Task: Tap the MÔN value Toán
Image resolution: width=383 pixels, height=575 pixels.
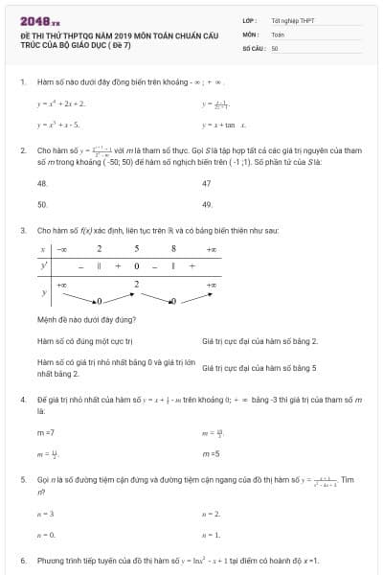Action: pos(278,34)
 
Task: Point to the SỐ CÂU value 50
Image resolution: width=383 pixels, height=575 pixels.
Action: pos(275,47)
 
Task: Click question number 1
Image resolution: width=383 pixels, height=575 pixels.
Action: pos(23,82)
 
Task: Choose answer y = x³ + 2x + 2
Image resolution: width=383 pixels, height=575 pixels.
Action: pos(61,103)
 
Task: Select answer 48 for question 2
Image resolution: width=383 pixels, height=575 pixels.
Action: pos(42,182)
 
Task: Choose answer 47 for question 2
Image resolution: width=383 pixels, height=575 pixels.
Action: pos(207,182)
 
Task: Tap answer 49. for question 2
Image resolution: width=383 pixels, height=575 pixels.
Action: pos(208,204)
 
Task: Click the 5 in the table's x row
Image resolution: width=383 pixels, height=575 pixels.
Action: pos(136,249)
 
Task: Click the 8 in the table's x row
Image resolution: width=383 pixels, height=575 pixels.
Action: pos(173,249)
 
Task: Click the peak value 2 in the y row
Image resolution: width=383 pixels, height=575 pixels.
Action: pos(136,284)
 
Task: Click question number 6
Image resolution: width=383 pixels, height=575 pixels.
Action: pos(23,560)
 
